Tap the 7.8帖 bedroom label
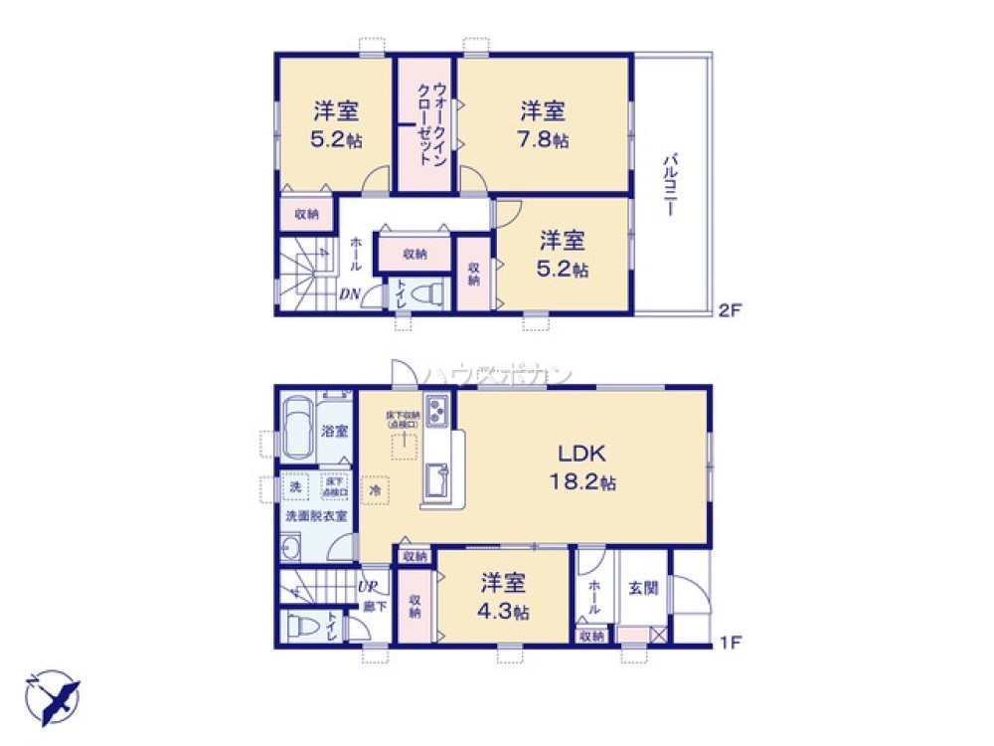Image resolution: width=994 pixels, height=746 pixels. coord(542,124)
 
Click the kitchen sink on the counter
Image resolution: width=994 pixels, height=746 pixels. coord(437,483)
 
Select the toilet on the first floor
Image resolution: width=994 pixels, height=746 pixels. coord(301,627)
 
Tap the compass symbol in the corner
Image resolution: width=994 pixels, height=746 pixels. coord(52,697)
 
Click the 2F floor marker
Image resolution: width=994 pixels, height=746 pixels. coord(731,310)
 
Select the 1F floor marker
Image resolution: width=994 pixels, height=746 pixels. coord(731,643)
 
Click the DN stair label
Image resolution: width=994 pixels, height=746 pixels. coord(350,293)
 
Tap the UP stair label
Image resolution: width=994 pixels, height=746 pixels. coord(367,587)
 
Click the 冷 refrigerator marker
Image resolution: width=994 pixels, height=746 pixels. coord(376,489)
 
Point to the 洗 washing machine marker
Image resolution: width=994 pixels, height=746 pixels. coord(295,487)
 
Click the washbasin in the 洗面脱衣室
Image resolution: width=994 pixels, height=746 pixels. coord(292,546)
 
